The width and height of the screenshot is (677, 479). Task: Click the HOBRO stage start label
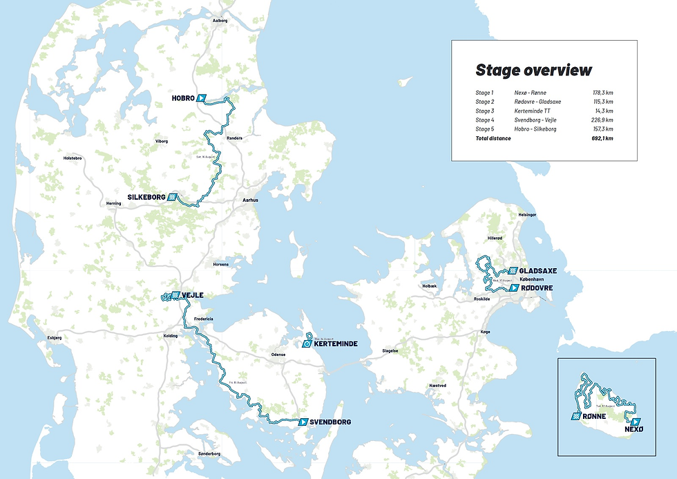click(x=183, y=98)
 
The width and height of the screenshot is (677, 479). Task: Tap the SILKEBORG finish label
click(x=145, y=197)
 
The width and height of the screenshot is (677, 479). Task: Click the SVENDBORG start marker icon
click(x=303, y=422)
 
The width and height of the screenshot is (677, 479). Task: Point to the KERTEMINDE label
click(x=335, y=343)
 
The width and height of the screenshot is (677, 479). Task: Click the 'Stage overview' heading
click(x=533, y=70)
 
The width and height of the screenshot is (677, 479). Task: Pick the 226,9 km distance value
click(x=602, y=120)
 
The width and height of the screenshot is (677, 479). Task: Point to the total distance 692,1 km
click(x=602, y=138)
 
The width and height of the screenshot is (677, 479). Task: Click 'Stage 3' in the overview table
click(x=484, y=111)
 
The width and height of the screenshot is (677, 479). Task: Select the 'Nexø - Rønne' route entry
click(x=531, y=93)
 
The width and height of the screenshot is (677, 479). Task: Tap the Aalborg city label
click(x=220, y=21)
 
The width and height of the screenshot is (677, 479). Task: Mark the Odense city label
click(x=278, y=354)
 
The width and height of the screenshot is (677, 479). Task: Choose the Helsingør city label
click(x=527, y=215)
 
